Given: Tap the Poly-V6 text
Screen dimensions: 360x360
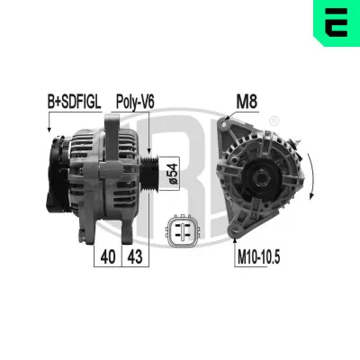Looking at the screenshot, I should coord(134,103).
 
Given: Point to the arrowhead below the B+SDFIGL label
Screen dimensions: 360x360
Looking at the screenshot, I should coord(49,131).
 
